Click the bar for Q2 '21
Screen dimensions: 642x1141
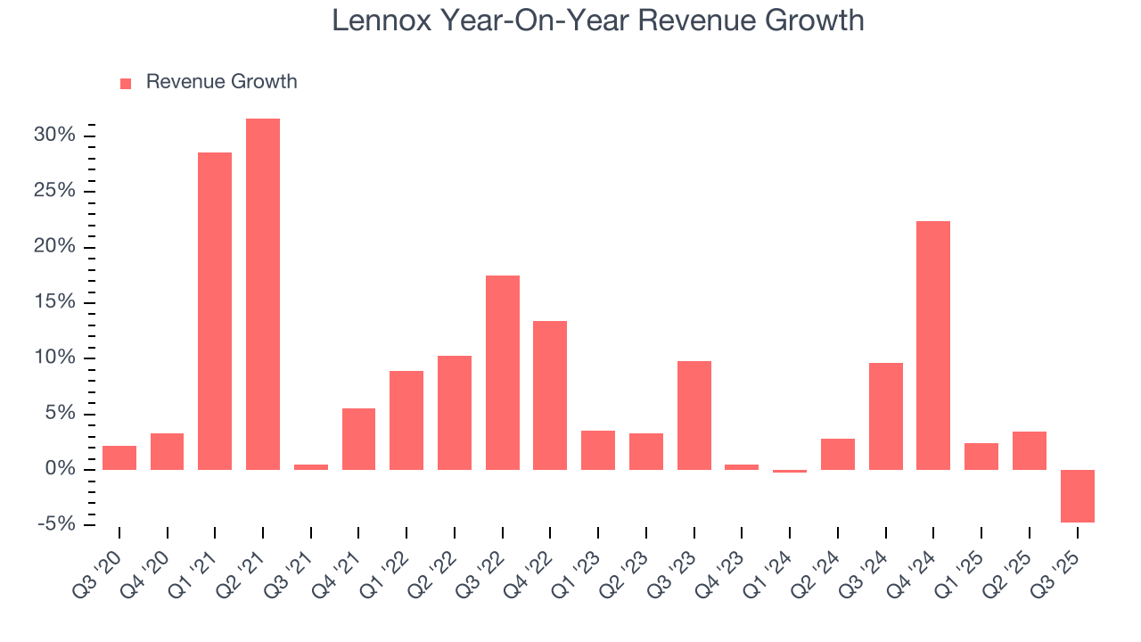[263, 294]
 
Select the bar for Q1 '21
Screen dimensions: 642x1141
[215, 311]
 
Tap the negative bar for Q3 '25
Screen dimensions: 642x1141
[1077, 496]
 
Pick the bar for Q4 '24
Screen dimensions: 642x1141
[933, 345]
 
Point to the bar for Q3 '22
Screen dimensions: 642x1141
[503, 373]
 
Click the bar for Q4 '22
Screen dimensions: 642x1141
[550, 395]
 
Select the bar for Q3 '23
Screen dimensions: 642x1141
[694, 416]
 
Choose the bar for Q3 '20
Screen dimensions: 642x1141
[119, 457]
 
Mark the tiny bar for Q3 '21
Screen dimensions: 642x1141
[311, 466]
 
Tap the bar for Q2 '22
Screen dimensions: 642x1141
[455, 413]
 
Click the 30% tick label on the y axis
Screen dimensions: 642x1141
[54, 136]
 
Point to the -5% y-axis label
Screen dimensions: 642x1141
[55, 524]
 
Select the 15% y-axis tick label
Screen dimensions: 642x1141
[54, 302]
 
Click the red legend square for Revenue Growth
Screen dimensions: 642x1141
[126, 83]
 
